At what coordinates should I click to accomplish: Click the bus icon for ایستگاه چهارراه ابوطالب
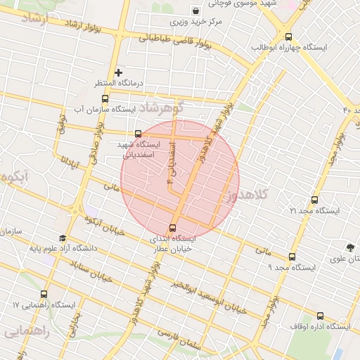click(x=288, y=37)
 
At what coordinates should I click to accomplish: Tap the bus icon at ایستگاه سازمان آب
click(x=105, y=98)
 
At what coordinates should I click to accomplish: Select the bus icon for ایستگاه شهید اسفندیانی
click(x=138, y=134)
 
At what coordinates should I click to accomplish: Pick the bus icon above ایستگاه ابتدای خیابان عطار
click(x=173, y=228)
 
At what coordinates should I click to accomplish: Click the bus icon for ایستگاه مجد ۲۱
click(x=314, y=200)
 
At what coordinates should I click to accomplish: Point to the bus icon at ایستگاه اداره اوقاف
click(x=321, y=316)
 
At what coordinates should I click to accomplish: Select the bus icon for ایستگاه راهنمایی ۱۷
click(x=44, y=295)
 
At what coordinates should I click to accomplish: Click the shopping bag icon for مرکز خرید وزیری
click(x=195, y=11)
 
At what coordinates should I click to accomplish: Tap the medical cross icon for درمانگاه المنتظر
click(x=118, y=72)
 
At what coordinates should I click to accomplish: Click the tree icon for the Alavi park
click(x=350, y=247)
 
